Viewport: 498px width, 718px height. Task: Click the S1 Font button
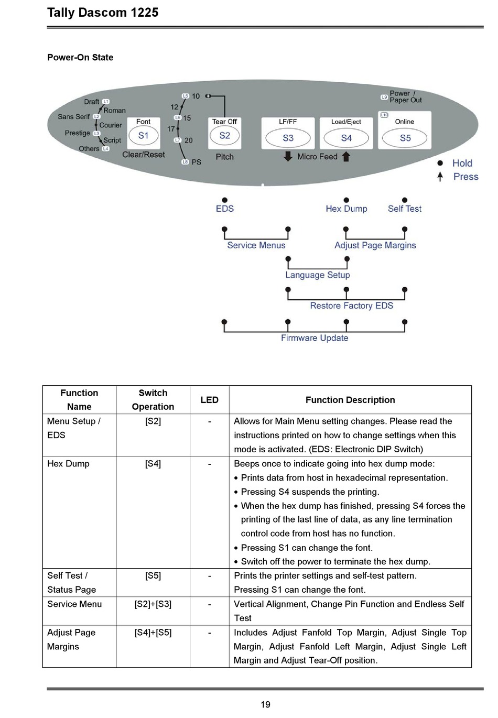pyautogui.click(x=144, y=135)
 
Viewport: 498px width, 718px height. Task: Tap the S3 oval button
pyautogui.click(x=288, y=138)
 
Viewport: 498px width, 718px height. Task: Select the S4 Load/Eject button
pyautogui.click(x=346, y=138)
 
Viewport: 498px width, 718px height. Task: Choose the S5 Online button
pyautogui.click(x=405, y=138)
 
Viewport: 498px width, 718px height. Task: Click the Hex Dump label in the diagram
pyautogui.click(x=346, y=209)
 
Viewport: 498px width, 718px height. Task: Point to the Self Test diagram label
pyautogui.click(x=404, y=209)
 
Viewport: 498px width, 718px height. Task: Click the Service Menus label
pyautogui.click(x=256, y=245)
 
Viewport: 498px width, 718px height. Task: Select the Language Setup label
pyautogui.click(x=317, y=275)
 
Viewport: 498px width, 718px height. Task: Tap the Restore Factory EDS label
pyautogui.click(x=351, y=306)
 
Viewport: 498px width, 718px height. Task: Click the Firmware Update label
pyautogui.click(x=315, y=338)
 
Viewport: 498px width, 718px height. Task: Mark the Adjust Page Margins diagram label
pyautogui.click(x=375, y=245)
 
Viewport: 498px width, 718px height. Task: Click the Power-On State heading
pyautogui.click(x=80, y=58)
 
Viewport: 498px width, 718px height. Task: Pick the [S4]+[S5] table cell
pyautogui.click(x=153, y=633)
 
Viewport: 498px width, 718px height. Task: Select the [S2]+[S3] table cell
pyautogui.click(x=153, y=604)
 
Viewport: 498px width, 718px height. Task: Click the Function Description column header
pyautogui.click(x=350, y=400)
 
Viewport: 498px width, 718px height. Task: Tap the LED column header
pyautogui.click(x=209, y=400)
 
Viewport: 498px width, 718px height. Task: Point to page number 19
pyautogui.click(x=265, y=705)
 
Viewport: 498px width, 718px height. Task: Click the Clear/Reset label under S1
pyautogui.click(x=144, y=155)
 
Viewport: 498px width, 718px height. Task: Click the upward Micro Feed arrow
pyautogui.click(x=346, y=157)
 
